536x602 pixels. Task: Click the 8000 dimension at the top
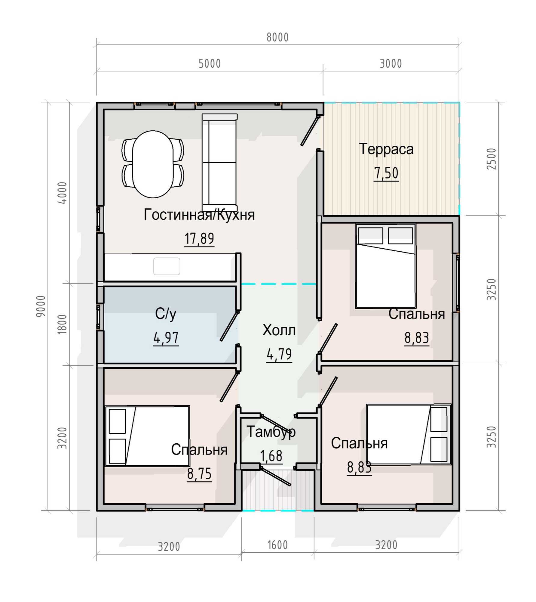277,37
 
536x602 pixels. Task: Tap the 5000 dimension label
210,64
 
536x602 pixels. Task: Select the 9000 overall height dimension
41,306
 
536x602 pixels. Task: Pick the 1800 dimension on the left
62,324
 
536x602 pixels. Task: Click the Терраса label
386,149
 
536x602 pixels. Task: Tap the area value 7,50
386,173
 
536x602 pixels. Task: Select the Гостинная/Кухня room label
199,215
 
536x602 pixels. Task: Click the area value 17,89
199,239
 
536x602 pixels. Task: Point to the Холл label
279,330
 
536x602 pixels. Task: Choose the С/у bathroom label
166,314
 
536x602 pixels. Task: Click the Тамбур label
271,432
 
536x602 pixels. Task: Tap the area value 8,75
199,474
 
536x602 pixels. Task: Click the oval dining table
153,164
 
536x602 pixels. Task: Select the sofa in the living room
220,163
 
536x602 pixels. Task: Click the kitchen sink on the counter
167,266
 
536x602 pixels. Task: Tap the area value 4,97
166,338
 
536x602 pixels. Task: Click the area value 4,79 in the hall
279,354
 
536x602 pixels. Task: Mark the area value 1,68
271,456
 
